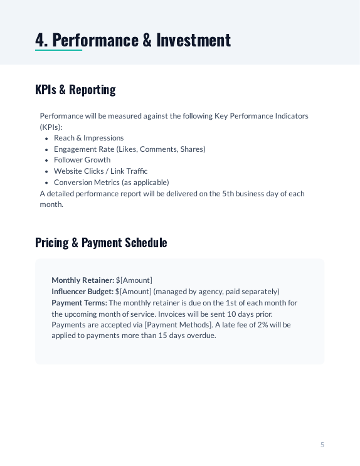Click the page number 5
[x=322, y=445]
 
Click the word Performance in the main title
[x=95, y=40]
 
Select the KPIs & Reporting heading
[x=75, y=90]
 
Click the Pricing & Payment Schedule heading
[x=101, y=243]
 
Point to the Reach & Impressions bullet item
[x=88, y=138]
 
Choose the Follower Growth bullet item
[x=82, y=160]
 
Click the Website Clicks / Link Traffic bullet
[x=100, y=171]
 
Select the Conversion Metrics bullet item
[x=111, y=183]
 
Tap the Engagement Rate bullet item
[x=129, y=149]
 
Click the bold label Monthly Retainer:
[x=83, y=280]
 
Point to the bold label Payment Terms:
[x=79, y=303]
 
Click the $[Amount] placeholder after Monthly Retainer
[x=134, y=280]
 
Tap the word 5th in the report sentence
[x=229, y=194]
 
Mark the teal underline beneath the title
[x=58, y=50]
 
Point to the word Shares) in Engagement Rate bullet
[x=193, y=149]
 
